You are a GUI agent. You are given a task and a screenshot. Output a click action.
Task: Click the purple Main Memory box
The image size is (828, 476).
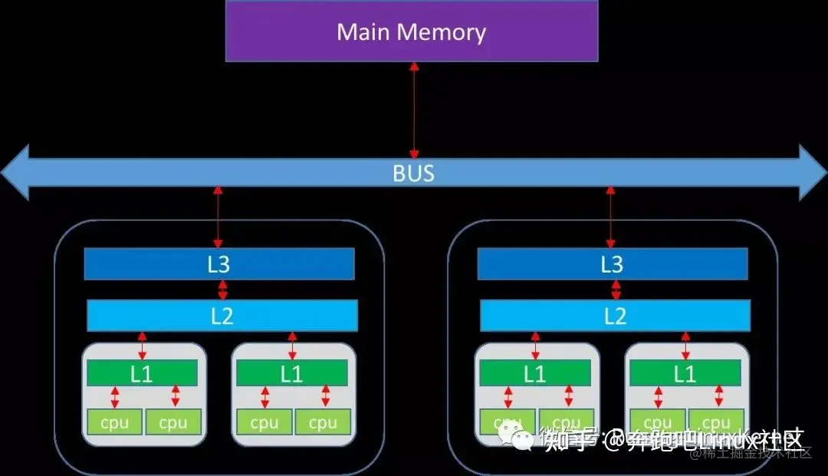coord(412,31)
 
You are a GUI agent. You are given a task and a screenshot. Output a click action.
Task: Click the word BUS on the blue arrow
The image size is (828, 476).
coord(413,173)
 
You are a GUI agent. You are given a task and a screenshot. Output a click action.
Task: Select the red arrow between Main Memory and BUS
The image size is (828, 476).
coord(414,110)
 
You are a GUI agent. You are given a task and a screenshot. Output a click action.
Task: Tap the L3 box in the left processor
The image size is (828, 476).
coord(219,264)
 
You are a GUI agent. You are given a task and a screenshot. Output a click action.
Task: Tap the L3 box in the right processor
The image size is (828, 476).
coord(612,264)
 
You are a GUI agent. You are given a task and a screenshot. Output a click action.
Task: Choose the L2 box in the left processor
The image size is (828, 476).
coord(222,316)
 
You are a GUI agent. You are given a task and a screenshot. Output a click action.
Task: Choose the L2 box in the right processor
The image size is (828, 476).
coord(615,316)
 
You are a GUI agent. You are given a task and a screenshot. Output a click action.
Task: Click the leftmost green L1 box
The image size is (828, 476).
coord(142,373)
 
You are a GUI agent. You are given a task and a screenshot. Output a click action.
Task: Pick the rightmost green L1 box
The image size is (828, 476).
coord(685,373)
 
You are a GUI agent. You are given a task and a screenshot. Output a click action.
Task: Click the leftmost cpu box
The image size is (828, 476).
coord(114,421)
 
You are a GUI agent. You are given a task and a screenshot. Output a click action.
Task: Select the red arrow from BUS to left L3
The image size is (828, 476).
coord(218,216)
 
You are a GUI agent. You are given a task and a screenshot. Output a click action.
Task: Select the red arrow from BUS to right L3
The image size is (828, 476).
coord(610,216)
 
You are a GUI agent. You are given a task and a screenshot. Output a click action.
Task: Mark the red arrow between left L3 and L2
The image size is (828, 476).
coord(222,289)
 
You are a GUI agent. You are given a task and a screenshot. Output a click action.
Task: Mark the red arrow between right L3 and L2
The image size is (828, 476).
coord(616,289)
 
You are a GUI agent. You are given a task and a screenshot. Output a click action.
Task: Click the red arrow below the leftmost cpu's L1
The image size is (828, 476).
coord(115,397)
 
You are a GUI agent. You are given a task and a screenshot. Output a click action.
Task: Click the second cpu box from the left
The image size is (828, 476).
coord(172,421)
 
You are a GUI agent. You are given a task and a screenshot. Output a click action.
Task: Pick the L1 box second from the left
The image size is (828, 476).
coord(291,373)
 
